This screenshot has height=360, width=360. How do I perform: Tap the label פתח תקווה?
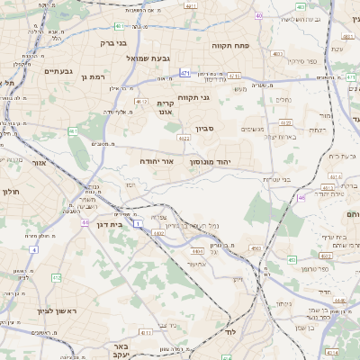(229, 45)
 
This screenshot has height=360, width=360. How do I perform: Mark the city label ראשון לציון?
(33, 310)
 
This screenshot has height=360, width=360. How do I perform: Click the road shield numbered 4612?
(140, 103)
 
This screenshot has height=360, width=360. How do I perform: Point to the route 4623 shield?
(184, 139)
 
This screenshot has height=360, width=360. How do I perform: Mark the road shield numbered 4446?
(195, 252)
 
